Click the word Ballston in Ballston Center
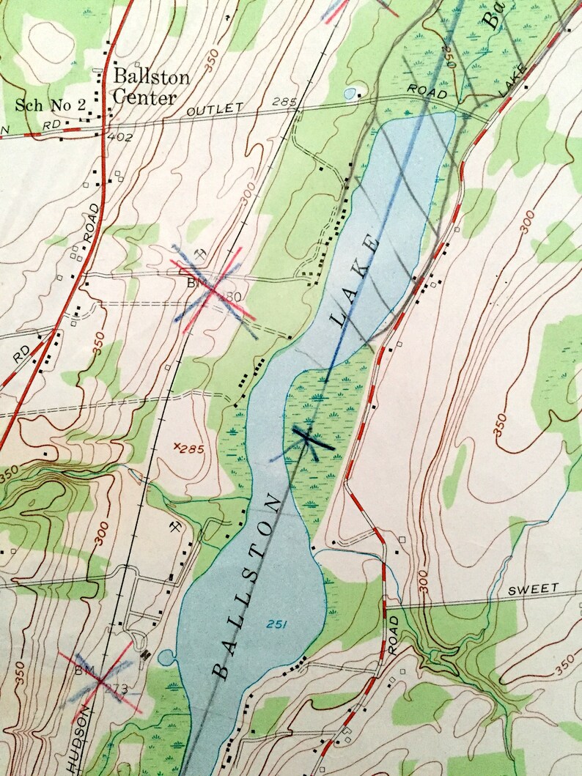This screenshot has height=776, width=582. (x=151, y=78)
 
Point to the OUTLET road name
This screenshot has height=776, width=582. (x=214, y=109)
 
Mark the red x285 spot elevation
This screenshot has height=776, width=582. (x=186, y=446)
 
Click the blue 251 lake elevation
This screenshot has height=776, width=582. (x=276, y=624)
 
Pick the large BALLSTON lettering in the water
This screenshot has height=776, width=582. (x=247, y=586)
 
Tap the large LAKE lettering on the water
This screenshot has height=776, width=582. (x=356, y=280)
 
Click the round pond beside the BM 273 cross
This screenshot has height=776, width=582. (x=166, y=657)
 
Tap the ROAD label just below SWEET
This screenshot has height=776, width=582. (x=393, y=635)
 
